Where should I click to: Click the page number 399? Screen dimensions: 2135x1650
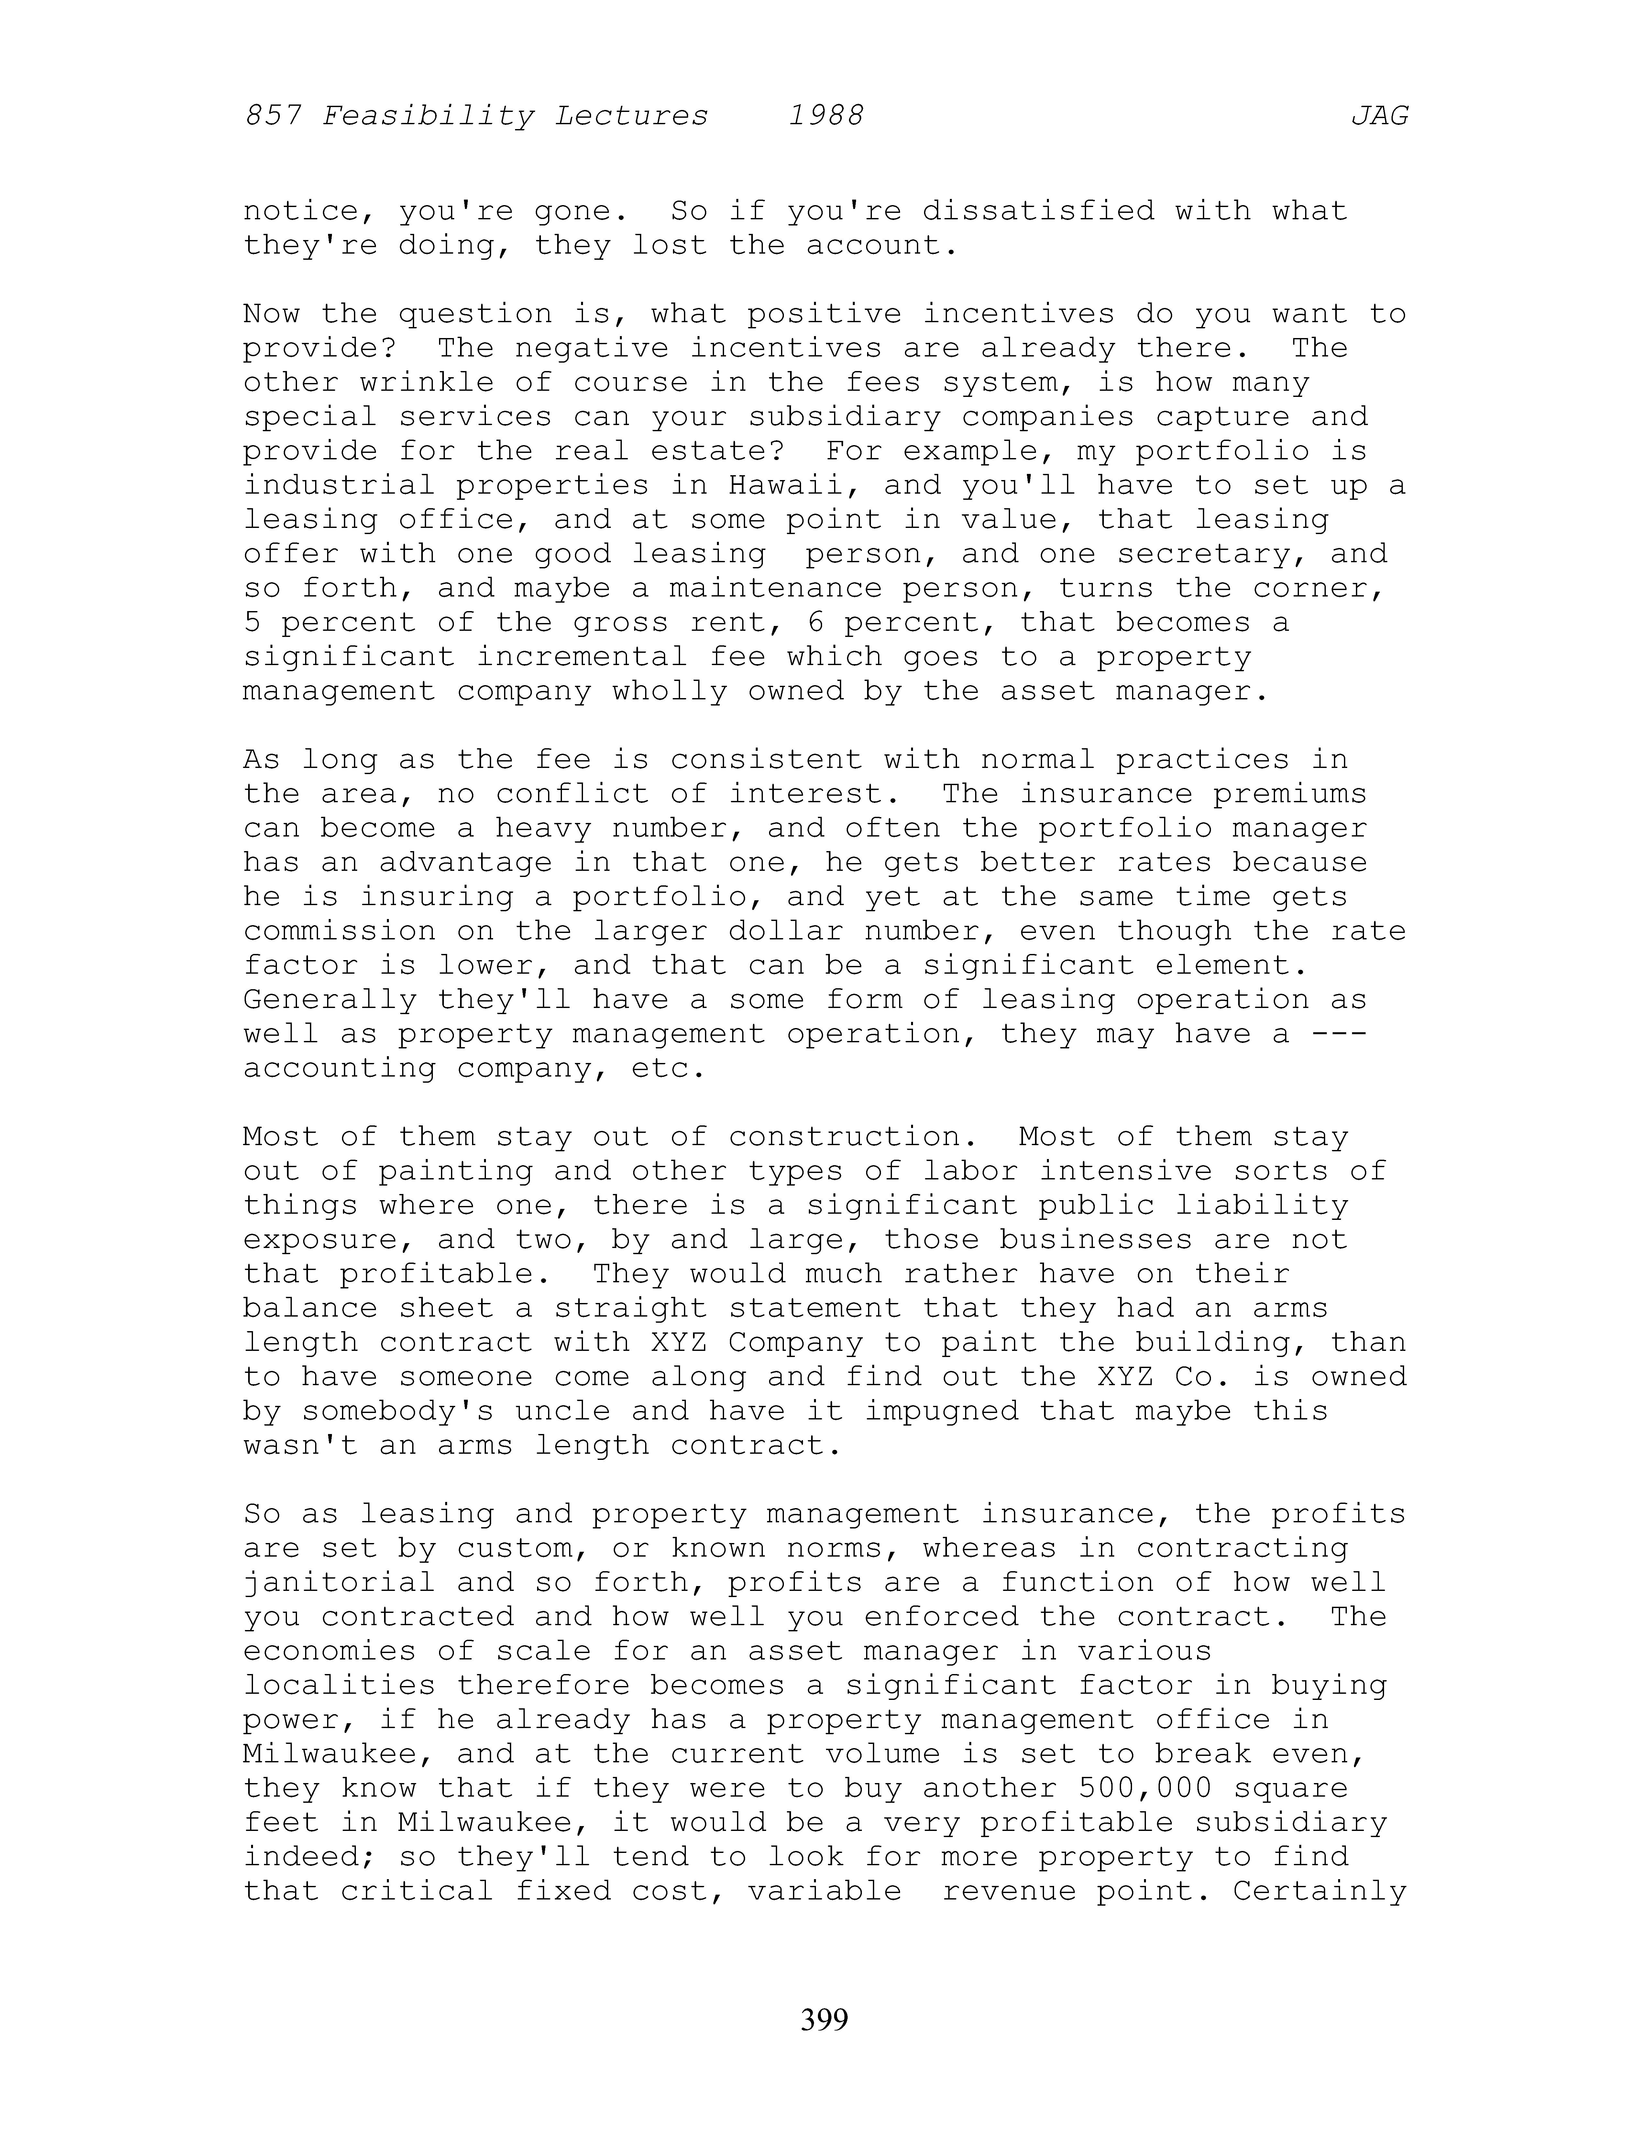click(824, 2019)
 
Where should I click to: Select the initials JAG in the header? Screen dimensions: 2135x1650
click(1379, 116)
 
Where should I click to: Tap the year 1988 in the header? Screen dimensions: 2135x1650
click(826, 116)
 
